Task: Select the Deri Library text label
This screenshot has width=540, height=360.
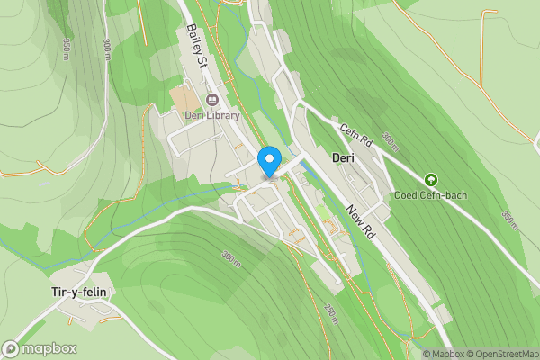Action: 212,115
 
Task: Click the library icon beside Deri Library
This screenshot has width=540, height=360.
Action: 212,100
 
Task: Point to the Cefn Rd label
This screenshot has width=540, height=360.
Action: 355,135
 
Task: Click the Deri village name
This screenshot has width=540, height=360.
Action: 344,157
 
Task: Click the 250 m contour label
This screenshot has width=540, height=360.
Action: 330,313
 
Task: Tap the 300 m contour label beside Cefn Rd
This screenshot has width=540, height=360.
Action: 389,141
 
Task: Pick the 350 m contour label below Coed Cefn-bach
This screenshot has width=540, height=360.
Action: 508,219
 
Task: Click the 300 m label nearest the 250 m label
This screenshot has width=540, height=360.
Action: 231,258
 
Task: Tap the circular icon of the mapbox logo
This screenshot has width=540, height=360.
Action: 12,348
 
